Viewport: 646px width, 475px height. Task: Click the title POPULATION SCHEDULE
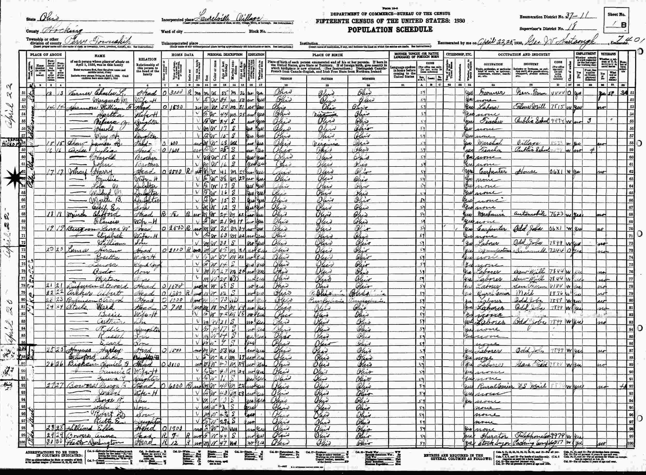coord(390,29)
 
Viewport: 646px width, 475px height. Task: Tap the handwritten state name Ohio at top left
coord(50,19)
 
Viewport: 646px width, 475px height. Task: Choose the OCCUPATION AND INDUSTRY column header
coord(522,54)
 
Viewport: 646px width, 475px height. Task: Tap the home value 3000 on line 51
coord(175,93)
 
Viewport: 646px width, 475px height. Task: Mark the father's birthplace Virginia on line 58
coord(326,143)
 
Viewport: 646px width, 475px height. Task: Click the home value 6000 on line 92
coord(175,386)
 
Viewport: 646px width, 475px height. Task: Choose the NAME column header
coord(100,56)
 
